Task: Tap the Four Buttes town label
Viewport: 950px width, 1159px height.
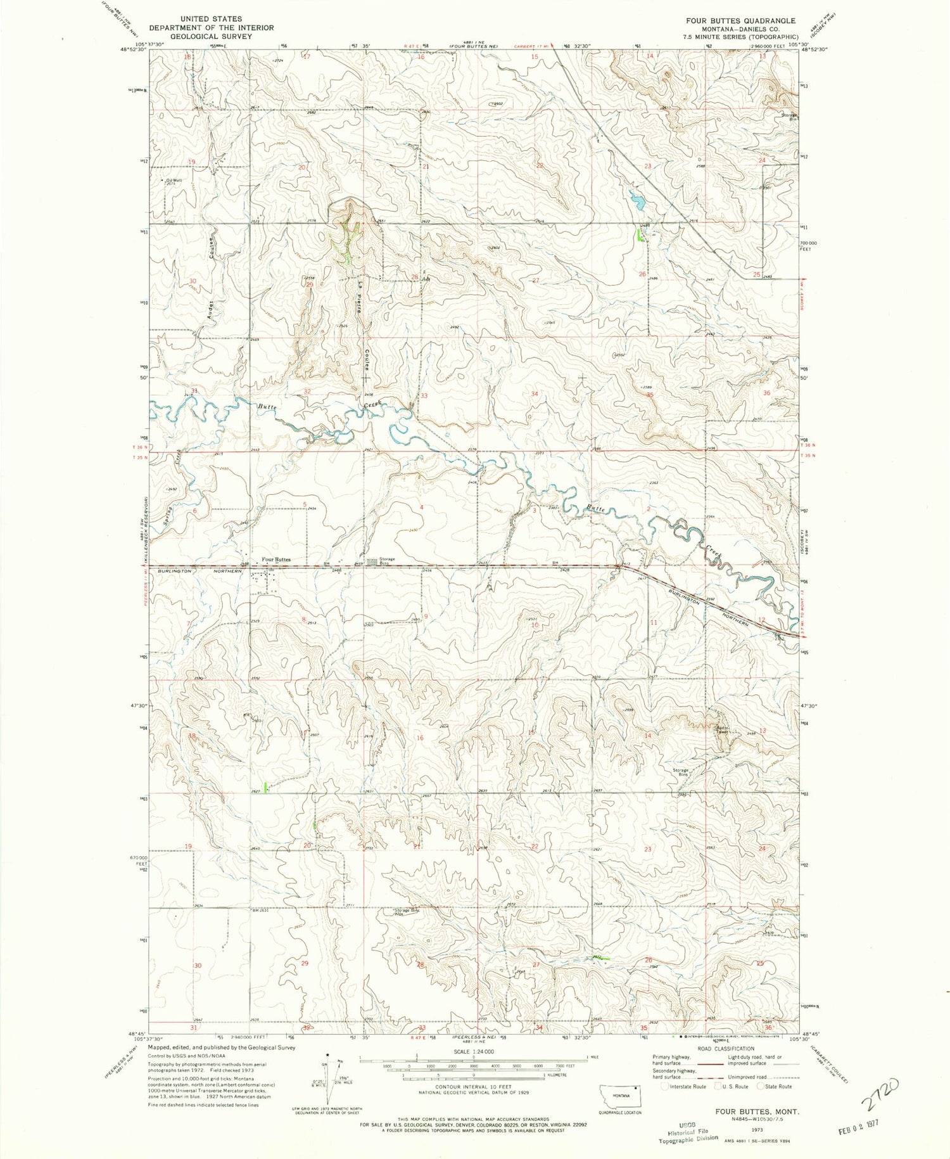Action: click(277, 560)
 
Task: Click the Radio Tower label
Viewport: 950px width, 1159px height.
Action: click(723, 729)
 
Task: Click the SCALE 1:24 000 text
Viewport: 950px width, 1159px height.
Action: click(473, 1051)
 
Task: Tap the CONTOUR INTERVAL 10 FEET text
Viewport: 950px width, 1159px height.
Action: click(473, 1087)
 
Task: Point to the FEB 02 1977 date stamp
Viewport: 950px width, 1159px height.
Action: click(855, 1122)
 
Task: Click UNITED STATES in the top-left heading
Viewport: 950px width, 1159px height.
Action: click(211, 19)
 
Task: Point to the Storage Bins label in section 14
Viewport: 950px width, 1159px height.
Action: click(681, 772)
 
